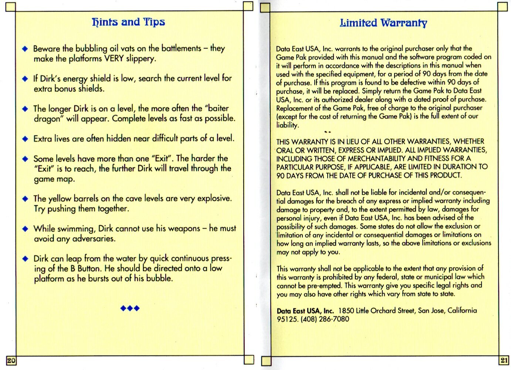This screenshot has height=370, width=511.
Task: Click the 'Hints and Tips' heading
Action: (x=128, y=22)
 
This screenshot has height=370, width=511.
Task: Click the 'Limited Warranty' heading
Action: (x=383, y=23)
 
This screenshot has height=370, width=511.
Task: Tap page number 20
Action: (x=11, y=360)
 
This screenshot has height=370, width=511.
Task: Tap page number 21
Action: (x=504, y=360)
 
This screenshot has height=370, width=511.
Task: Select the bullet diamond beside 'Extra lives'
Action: (x=25, y=139)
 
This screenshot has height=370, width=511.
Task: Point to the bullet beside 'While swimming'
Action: (x=25, y=229)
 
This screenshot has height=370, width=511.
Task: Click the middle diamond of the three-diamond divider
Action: (x=130, y=308)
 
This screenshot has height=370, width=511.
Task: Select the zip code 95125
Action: (x=287, y=319)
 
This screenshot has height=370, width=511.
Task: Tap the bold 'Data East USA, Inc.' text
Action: (x=305, y=311)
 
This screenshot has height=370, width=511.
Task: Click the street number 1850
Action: (x=346, y=311)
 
